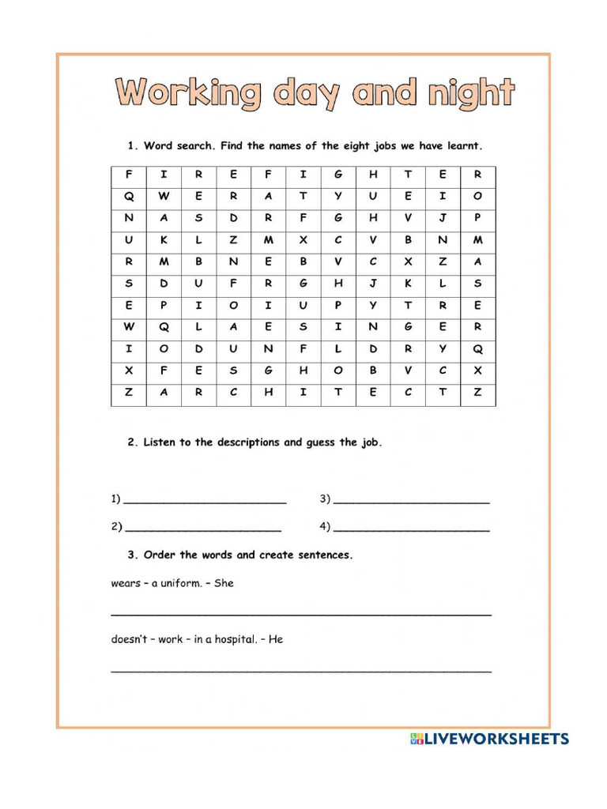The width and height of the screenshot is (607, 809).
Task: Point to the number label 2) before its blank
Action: [x=116, y=526]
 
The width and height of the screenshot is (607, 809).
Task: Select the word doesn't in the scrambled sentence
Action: [x=128, y=639]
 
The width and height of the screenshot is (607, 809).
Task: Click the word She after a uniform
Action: [x=224, y=584]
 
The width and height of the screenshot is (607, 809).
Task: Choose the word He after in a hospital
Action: [x=276, y=639]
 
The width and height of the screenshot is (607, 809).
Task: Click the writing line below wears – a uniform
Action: [x=300, y=614]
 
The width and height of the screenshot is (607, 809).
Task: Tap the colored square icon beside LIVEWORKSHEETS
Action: [x=417, y=739]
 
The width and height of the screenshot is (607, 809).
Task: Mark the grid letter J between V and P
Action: [x=443, y=218]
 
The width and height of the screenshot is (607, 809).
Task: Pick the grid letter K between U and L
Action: [x=164, y=240]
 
